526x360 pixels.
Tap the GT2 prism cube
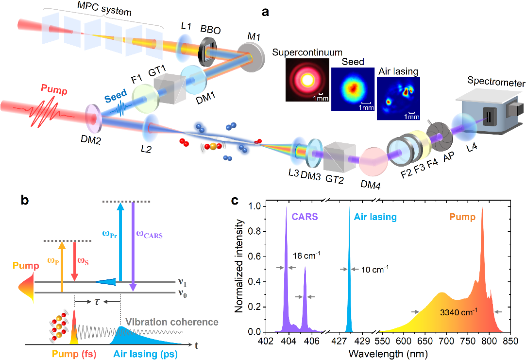[x=339, y=156]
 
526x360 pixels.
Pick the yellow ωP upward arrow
[x=62, y=267]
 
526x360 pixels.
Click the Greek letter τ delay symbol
[x=97, y=301]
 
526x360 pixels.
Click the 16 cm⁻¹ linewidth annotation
[x=305, y=254]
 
